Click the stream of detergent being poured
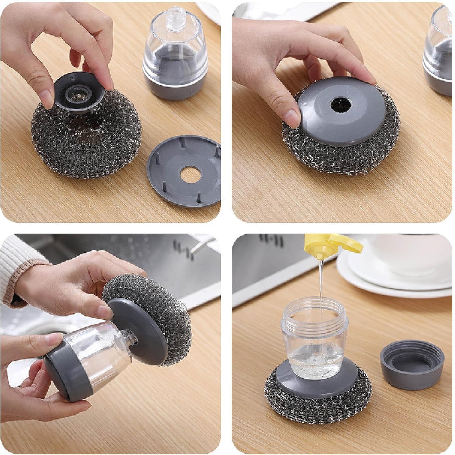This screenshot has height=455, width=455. pyautogui.click(x=321, y=284)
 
